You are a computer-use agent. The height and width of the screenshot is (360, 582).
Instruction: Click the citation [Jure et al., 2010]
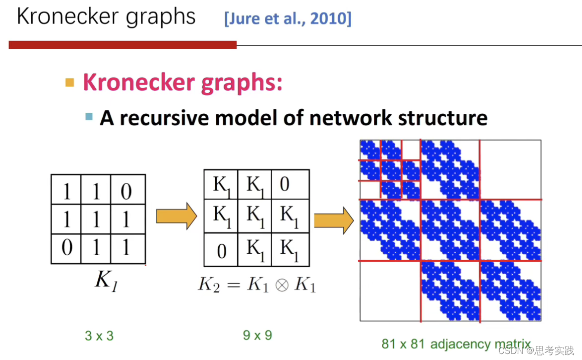click(x=288, y=19)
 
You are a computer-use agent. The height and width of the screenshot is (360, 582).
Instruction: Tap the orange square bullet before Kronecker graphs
click(x=70, y=82)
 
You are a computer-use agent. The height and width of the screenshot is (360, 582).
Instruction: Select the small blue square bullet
click(x=89, y=117)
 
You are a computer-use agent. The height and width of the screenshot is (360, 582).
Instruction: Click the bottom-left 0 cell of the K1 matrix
click(x=66, y=248)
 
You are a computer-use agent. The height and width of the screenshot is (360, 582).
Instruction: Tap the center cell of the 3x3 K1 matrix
click(x=97, y=219)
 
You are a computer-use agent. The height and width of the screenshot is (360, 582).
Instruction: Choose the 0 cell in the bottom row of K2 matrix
click(x=221, y=249)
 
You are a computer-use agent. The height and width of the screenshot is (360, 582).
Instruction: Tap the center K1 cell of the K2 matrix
click(x=254, y=216)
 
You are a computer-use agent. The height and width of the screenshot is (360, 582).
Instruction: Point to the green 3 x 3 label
click(x=99, y=335)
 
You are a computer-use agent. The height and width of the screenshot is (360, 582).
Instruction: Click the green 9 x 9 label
click(x=257, y=334)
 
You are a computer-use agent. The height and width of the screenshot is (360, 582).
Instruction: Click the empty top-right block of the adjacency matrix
click(x=510, y=169)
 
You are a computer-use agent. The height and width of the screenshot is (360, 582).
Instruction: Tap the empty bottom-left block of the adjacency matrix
click(x=390, y=290)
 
